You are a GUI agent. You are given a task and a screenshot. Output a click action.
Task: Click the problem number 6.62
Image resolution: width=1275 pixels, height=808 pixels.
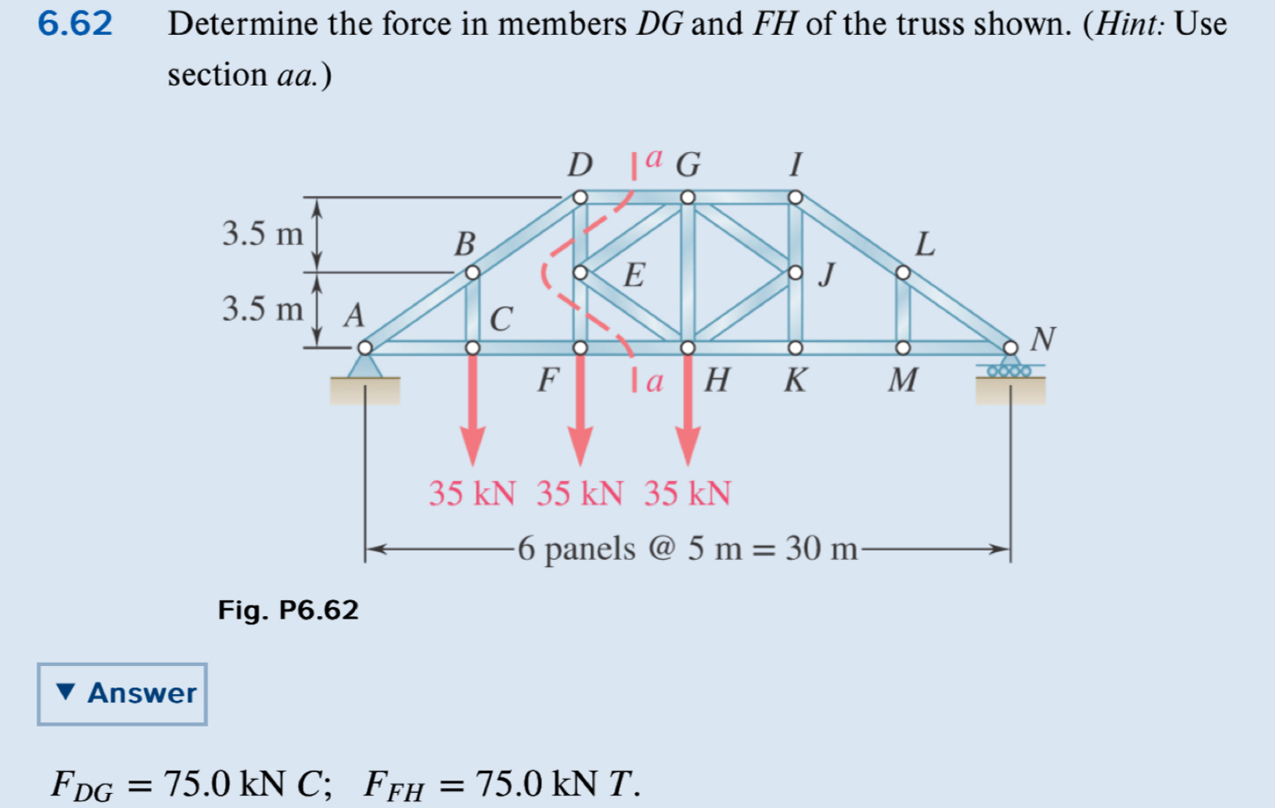coord(75,23)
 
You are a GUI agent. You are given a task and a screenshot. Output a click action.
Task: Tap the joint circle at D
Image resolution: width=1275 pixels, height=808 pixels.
coord(580,197)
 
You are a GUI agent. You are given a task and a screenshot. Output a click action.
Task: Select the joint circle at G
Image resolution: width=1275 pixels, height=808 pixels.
coord(687,197)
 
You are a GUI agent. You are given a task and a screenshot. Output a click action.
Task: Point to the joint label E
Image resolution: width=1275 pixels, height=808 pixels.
coord(633,275)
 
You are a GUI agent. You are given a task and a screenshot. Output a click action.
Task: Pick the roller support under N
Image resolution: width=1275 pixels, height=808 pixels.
coord(1009,369)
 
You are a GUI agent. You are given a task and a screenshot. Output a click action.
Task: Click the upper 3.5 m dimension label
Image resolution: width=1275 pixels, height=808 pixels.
coord(262,234)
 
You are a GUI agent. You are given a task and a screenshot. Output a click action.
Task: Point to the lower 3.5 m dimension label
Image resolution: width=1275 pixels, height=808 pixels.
coord(262,309)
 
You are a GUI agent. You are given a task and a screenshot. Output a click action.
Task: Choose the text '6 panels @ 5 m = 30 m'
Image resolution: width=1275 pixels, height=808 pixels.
coord(687,549)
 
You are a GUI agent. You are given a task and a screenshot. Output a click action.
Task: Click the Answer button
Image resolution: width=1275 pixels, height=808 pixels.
coord(122,693)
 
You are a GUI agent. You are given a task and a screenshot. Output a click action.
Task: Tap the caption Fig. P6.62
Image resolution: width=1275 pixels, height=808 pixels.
coord(288,610)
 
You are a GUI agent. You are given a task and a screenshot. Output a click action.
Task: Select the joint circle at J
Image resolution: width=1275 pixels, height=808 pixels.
coord(795,272)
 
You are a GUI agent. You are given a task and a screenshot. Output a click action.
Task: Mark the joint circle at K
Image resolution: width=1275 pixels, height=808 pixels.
coord(795,347)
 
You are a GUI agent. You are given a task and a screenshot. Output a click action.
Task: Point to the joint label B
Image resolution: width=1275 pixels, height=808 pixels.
coord(465,244)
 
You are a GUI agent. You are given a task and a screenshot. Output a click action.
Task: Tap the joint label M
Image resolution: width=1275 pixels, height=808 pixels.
coord(902,380)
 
